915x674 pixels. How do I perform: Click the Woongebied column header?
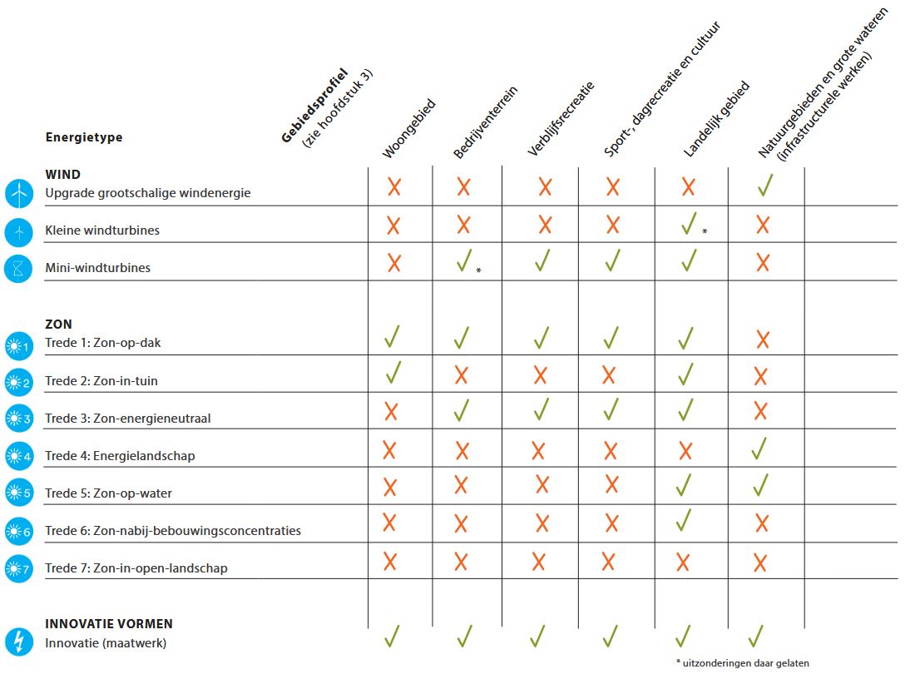tap(408, 130)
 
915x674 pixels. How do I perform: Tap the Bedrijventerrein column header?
tap(486, 126)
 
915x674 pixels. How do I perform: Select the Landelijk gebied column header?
tap(716, 120)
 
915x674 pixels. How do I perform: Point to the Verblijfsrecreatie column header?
tap(561, 119)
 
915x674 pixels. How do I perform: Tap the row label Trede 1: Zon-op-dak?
tap(108, 343)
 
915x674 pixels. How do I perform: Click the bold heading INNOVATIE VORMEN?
tap(109, 623)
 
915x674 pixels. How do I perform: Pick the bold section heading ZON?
tap(58, 325)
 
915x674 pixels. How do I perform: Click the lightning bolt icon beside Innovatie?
tap(17, 641)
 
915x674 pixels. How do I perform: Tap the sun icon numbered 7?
tap(17, 569)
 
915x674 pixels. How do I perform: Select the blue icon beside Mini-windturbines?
tap(17, 268)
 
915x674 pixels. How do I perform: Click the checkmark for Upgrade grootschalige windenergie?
tap(765, 186)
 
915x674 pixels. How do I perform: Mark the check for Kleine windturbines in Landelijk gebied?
tap(688, 223)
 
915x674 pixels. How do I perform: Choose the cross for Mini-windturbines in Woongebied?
tap(393, 263)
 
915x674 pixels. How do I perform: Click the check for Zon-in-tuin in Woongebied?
tap(393, 373)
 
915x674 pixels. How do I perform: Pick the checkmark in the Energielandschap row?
tap(759, 449)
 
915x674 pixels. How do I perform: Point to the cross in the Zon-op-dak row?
tap(761, 339)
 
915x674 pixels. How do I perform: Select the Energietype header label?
tap(83, 137)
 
